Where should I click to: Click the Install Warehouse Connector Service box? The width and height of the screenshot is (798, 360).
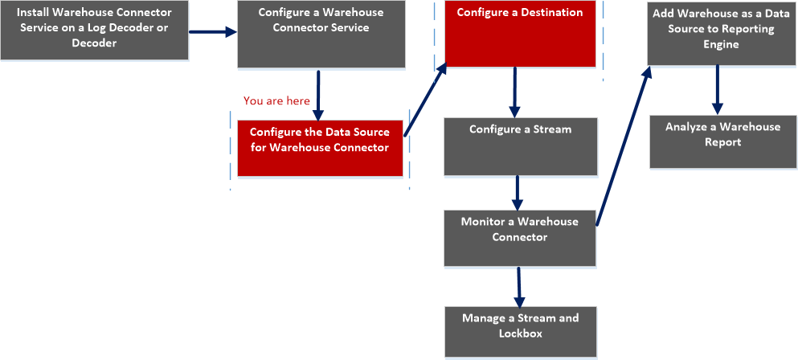coord(94,31)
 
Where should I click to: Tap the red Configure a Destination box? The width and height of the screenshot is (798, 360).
coord(520,34)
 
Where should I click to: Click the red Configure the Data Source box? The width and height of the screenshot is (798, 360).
coord(319,147)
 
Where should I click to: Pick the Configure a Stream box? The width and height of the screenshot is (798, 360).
coord(520,147)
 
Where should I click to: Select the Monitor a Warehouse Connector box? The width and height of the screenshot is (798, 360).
coord(520,238)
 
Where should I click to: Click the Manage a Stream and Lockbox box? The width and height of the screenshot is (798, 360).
coord(520,331)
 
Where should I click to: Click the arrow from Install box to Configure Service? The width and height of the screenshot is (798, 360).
coord(213,32)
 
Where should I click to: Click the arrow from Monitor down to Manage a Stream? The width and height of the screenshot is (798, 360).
coord(519,284)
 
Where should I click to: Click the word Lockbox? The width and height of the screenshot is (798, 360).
coord(520,333)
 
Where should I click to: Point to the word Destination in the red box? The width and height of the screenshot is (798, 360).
coord(551,13)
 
